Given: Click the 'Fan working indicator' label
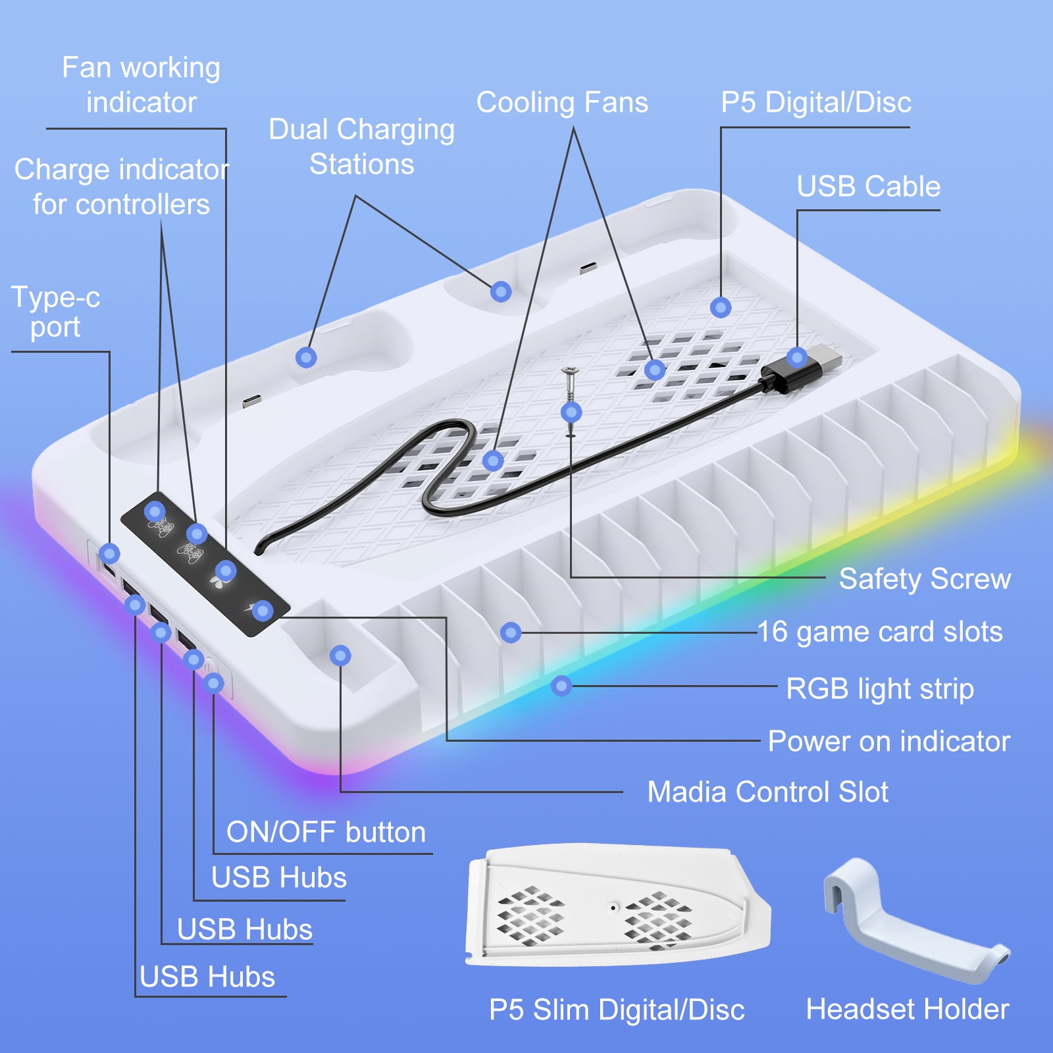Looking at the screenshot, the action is click(x=141, y=85).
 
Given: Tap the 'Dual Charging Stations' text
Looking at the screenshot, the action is click(x=361, y=147).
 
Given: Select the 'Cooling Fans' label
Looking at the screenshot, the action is click(x=562, y=103).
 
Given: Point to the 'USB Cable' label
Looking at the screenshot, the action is click(x=868, y=186).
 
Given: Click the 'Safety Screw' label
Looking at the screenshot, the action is click(x=925, y=579).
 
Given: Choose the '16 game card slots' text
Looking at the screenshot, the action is click(x=880, y=632).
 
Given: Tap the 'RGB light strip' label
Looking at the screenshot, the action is click(x=880, y=689).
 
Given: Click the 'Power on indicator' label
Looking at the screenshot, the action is click(x=889, y=741).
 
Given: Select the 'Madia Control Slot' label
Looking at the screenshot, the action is click(x=767, y=792).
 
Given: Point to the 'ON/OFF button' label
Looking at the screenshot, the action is click(x=326, y=833).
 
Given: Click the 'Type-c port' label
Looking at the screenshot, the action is click(x=55, y=312).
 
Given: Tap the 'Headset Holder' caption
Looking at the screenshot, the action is click(x=908, y=1009).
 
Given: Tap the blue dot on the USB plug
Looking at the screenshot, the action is click(x=797, y=358).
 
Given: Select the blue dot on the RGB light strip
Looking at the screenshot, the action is click(x=561, y=686).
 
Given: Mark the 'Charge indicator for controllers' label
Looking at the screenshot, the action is click(x=121, y=187).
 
